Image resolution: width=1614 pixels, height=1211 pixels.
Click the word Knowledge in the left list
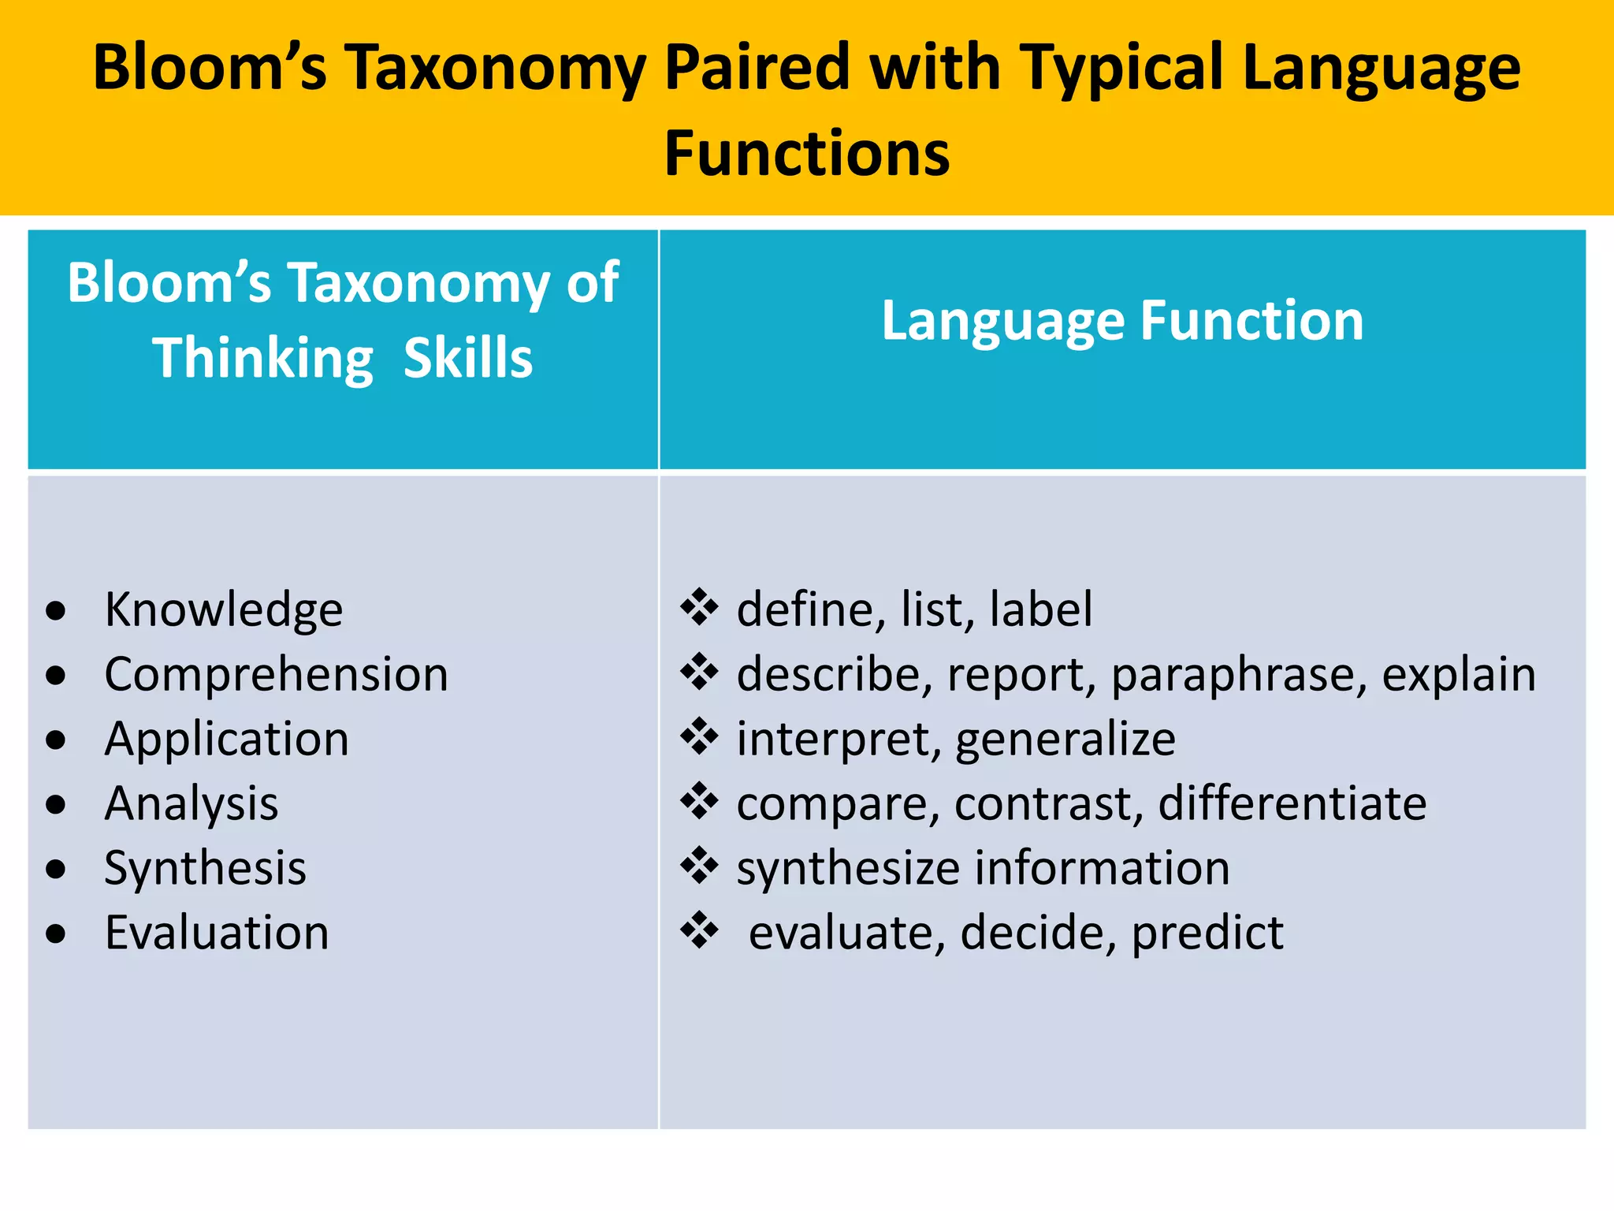(224, 610)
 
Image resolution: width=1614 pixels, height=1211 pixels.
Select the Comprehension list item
(276, 675)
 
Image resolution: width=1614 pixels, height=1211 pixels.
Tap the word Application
(226, 740)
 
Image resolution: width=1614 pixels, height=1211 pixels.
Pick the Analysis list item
(192, 804)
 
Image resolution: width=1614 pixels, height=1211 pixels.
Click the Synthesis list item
(205, 869)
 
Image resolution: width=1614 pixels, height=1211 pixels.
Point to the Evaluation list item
(217, 933)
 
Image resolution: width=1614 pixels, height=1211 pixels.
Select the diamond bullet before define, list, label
(699, 608)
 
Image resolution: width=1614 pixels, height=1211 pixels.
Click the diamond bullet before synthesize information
(699, 866)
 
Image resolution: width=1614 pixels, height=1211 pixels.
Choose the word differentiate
(1292, 804)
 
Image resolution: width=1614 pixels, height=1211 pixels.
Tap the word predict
(1207, 933)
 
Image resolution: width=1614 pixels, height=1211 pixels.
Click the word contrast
(1048, 804)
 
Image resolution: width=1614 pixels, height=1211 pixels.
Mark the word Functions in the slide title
(807, 153)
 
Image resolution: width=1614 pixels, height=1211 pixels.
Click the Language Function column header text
(1122, 321)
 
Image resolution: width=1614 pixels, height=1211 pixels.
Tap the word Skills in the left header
(468, 359)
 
